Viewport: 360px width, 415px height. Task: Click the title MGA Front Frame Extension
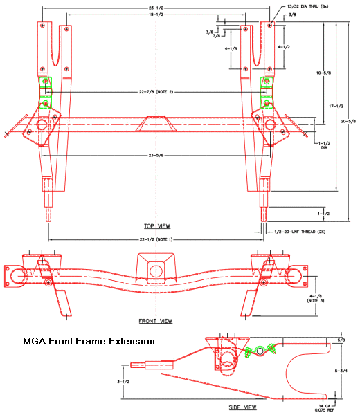[89, 341]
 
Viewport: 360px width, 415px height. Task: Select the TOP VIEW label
[156, 226]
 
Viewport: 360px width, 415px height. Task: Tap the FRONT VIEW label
[156, 321]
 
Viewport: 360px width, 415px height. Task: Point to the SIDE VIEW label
[242, 407]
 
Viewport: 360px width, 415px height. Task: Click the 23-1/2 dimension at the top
[156, 7]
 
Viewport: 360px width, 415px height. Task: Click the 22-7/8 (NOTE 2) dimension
[156, 92]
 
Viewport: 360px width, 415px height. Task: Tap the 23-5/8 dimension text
[156, 155]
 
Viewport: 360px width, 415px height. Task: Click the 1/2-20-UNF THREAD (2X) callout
[300, 232]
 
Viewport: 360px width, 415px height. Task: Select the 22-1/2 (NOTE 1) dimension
[156, 239]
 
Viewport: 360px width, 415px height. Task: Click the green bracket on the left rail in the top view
[46, 93]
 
